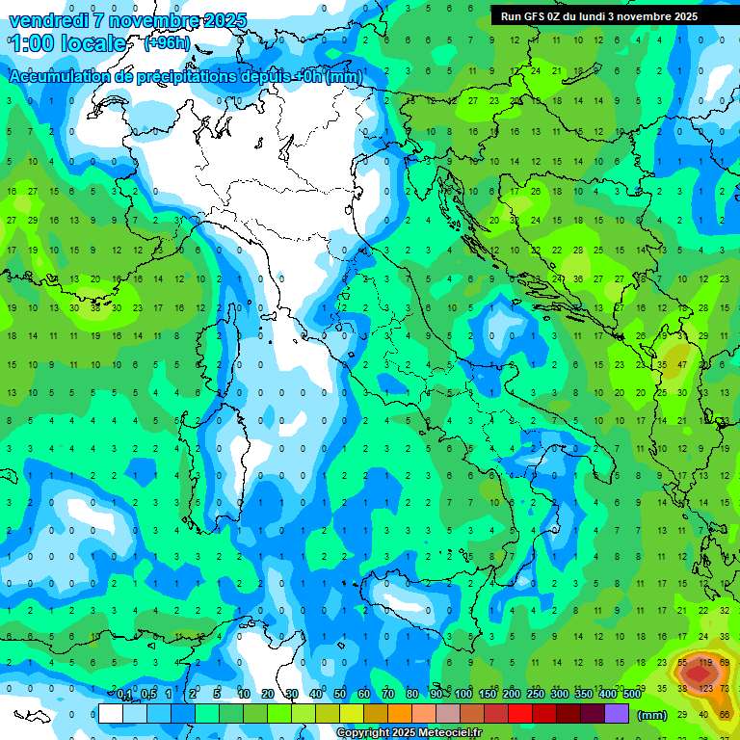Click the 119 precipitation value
coord(705,663)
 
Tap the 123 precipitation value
coord(705,688)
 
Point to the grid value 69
coord(726,663)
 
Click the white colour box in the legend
coord(111,713)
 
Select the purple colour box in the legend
coord(617,713)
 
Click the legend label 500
coord(632,694)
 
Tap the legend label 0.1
coord(124,694)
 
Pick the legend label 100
coord(463,694)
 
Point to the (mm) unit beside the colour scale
coord(651,715)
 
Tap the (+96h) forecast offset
coord(166,43)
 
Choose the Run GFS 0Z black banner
coord(599,16)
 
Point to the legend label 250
coord(535,694)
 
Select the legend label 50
coord(340,694)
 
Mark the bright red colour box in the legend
coord(520,713)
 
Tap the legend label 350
coord(583,694)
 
